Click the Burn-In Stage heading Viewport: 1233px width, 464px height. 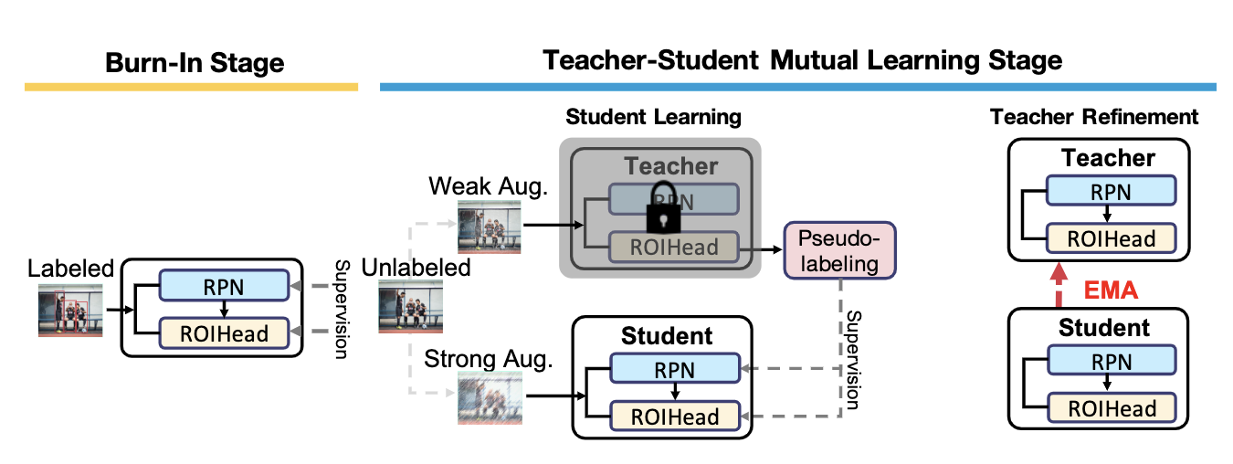pos(195,63)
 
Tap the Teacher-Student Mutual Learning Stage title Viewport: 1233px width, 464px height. pos(803,61)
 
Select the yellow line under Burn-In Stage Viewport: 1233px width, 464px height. pos(191,87)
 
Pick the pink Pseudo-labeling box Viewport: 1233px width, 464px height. pos(839,251)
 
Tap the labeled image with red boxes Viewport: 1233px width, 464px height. pos(69,310)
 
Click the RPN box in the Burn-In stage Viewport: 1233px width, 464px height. pos(223,285)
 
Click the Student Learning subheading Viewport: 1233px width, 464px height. pos(653,117)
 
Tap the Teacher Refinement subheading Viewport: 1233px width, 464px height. pos(1094,117)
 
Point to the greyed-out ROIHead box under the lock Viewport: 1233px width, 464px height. pos(672,247)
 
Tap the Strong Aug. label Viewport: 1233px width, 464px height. pos(489,359)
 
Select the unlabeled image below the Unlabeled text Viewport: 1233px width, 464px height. pos(411,309)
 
